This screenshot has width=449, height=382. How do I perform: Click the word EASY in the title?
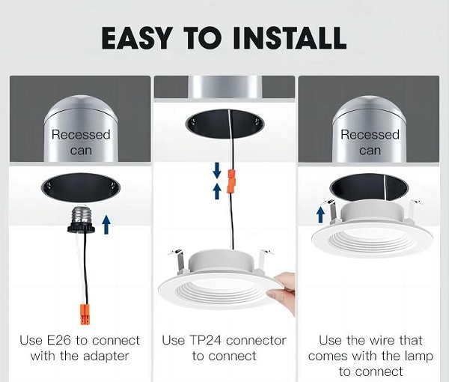click(137, 38)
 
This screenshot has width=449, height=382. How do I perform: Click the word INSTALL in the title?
click(290, 38)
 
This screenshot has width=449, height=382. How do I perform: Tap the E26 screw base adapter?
click(82, 219)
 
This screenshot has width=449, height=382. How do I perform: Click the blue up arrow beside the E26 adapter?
click(106, 225)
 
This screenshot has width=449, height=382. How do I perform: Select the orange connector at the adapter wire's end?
click(85, 315)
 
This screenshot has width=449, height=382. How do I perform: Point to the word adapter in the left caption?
click(106, 357)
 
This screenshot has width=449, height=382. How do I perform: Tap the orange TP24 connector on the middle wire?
click(231, 181)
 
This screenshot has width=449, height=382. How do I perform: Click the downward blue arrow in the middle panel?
click(217, 170)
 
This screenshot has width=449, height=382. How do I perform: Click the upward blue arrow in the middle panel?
click(217, 192)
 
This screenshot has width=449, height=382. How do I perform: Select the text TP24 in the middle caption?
click(206, 341)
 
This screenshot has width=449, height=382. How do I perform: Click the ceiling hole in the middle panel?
click(224, 124)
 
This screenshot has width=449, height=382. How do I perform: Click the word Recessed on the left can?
click(81, 135)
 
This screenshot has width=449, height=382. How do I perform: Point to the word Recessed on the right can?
click(370, 135)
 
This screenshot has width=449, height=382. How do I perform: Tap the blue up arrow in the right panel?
click(321, 215)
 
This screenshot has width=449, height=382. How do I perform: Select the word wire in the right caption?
click(383, 341)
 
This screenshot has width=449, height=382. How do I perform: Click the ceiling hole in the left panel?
click(81, 188)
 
